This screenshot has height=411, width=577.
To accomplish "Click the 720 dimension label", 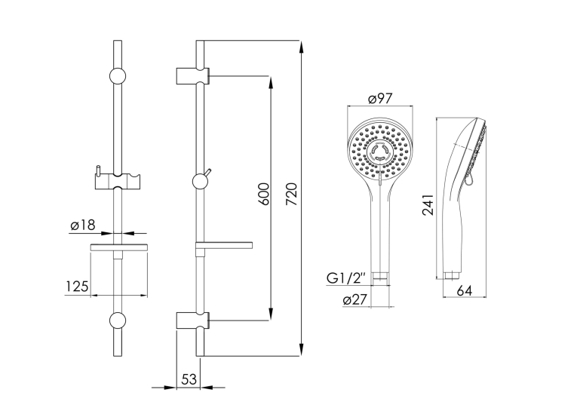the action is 291,194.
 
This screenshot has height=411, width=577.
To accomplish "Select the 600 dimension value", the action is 263,194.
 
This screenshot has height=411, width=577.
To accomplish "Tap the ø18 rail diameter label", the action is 83,225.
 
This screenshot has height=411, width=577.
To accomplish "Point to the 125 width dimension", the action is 77,287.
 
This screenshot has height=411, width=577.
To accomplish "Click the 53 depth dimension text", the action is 189,379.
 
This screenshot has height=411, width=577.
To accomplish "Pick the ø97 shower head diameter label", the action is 380,99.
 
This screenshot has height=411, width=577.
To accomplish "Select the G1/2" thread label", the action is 346,278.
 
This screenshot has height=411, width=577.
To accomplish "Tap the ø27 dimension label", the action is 355,300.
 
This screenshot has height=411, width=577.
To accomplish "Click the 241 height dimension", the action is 428,205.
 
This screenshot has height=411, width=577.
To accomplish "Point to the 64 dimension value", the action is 465,290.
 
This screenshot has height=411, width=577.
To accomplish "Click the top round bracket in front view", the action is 118,76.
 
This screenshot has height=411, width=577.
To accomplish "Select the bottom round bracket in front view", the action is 118,321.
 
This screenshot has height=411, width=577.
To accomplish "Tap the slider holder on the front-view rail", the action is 118,179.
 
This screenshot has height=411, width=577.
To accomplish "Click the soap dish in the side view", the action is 224,245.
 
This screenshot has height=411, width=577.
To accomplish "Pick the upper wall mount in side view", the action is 193,76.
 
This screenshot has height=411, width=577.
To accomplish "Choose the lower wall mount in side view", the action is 193,321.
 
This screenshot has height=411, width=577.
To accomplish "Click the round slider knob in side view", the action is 200,182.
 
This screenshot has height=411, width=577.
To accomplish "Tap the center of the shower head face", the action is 379,152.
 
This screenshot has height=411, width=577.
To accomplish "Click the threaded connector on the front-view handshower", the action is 380,275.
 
